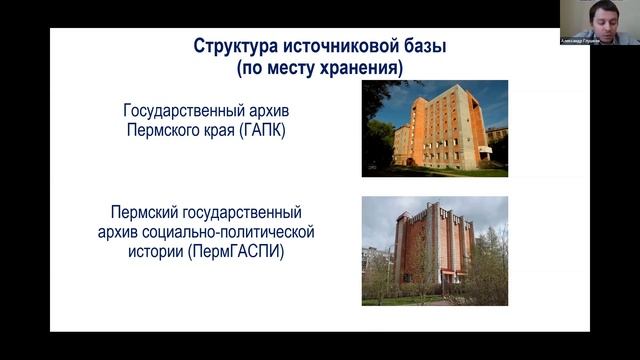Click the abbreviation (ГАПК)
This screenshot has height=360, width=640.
click(262, 131)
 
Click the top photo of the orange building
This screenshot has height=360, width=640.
click(435, 128)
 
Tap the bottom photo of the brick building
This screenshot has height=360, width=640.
click(435, 250)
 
